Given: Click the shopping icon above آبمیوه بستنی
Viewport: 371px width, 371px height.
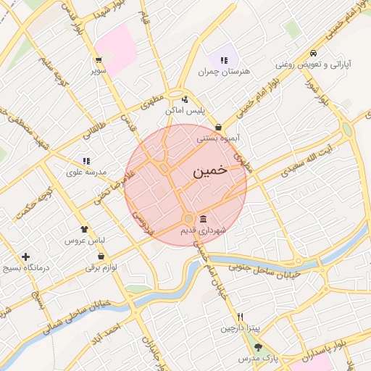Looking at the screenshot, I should (x=218, y=128).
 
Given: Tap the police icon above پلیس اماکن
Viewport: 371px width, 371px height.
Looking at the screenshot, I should (x=185, y=100).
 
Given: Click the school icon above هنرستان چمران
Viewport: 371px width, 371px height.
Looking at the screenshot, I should (x=224, y=61).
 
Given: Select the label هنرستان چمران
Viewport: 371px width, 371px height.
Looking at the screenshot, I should (x=218, y=72).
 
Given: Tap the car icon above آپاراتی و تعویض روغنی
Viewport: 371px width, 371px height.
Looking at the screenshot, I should (x=312, y=54).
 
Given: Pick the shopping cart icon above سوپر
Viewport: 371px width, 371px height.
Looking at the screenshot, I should (x=99, y=61).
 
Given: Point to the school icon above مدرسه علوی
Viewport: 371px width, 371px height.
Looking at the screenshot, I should (x=86, y=161).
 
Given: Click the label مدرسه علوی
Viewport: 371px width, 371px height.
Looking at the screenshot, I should (x=87, y=172).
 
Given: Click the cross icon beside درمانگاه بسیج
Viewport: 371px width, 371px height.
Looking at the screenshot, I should (x=26, y=257).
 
